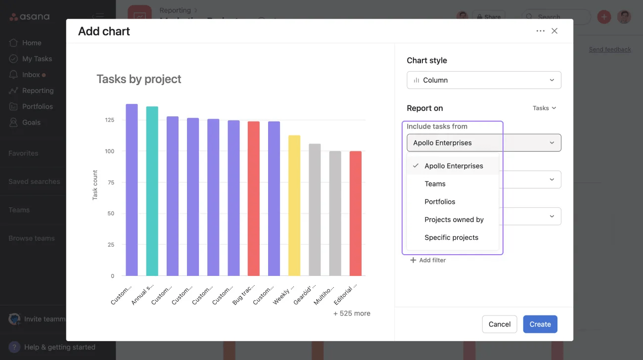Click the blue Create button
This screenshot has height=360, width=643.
click(540, 324)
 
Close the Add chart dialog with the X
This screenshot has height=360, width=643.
click(554, 31)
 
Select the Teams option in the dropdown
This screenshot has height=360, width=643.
click(435, 184)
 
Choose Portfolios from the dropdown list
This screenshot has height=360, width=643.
click(440, 202)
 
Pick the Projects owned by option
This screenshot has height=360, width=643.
click(454, 220)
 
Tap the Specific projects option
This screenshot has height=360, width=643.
click(451, 237)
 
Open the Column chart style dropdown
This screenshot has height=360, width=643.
click(484, 80)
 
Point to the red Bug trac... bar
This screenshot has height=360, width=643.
click(254, 198)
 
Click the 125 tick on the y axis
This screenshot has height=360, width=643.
click(109, 120)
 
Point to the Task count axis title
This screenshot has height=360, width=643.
click(95, 185)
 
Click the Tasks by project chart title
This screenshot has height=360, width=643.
click(138, 79)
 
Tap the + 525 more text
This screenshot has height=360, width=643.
click(352, 314)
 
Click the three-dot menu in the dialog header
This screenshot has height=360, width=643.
click(540, 31)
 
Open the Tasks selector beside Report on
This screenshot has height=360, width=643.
click(544, 108)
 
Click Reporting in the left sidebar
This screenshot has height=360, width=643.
click(38, 90)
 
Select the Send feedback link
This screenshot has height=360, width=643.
click(610, 49)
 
